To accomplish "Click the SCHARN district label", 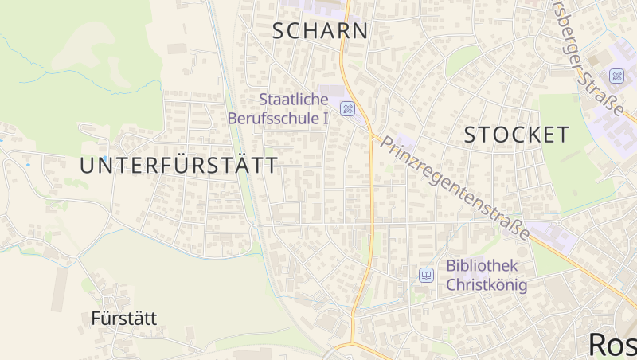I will coord(321,31).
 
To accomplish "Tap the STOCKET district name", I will coord(517,135).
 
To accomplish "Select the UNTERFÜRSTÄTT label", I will coord(179,166).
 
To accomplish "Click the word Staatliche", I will coord(294,100).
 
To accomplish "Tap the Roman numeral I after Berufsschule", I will coord(325,119).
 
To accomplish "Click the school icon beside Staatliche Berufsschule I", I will coord(347,108).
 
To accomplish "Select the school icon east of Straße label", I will coord(616,76).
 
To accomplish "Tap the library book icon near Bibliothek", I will coord(427,276).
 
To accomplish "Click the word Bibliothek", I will coord(483,266).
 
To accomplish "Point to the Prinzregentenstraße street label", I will coord(455,187).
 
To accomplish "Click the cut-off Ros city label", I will coord(612,344).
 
